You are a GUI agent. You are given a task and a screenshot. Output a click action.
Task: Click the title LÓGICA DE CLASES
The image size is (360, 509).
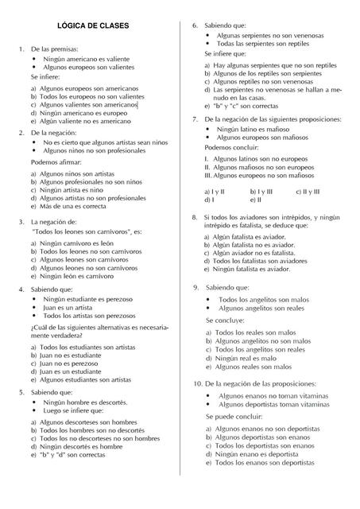(94, 26)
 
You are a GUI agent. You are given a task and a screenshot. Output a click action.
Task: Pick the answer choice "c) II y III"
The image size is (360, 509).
(307, 192)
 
